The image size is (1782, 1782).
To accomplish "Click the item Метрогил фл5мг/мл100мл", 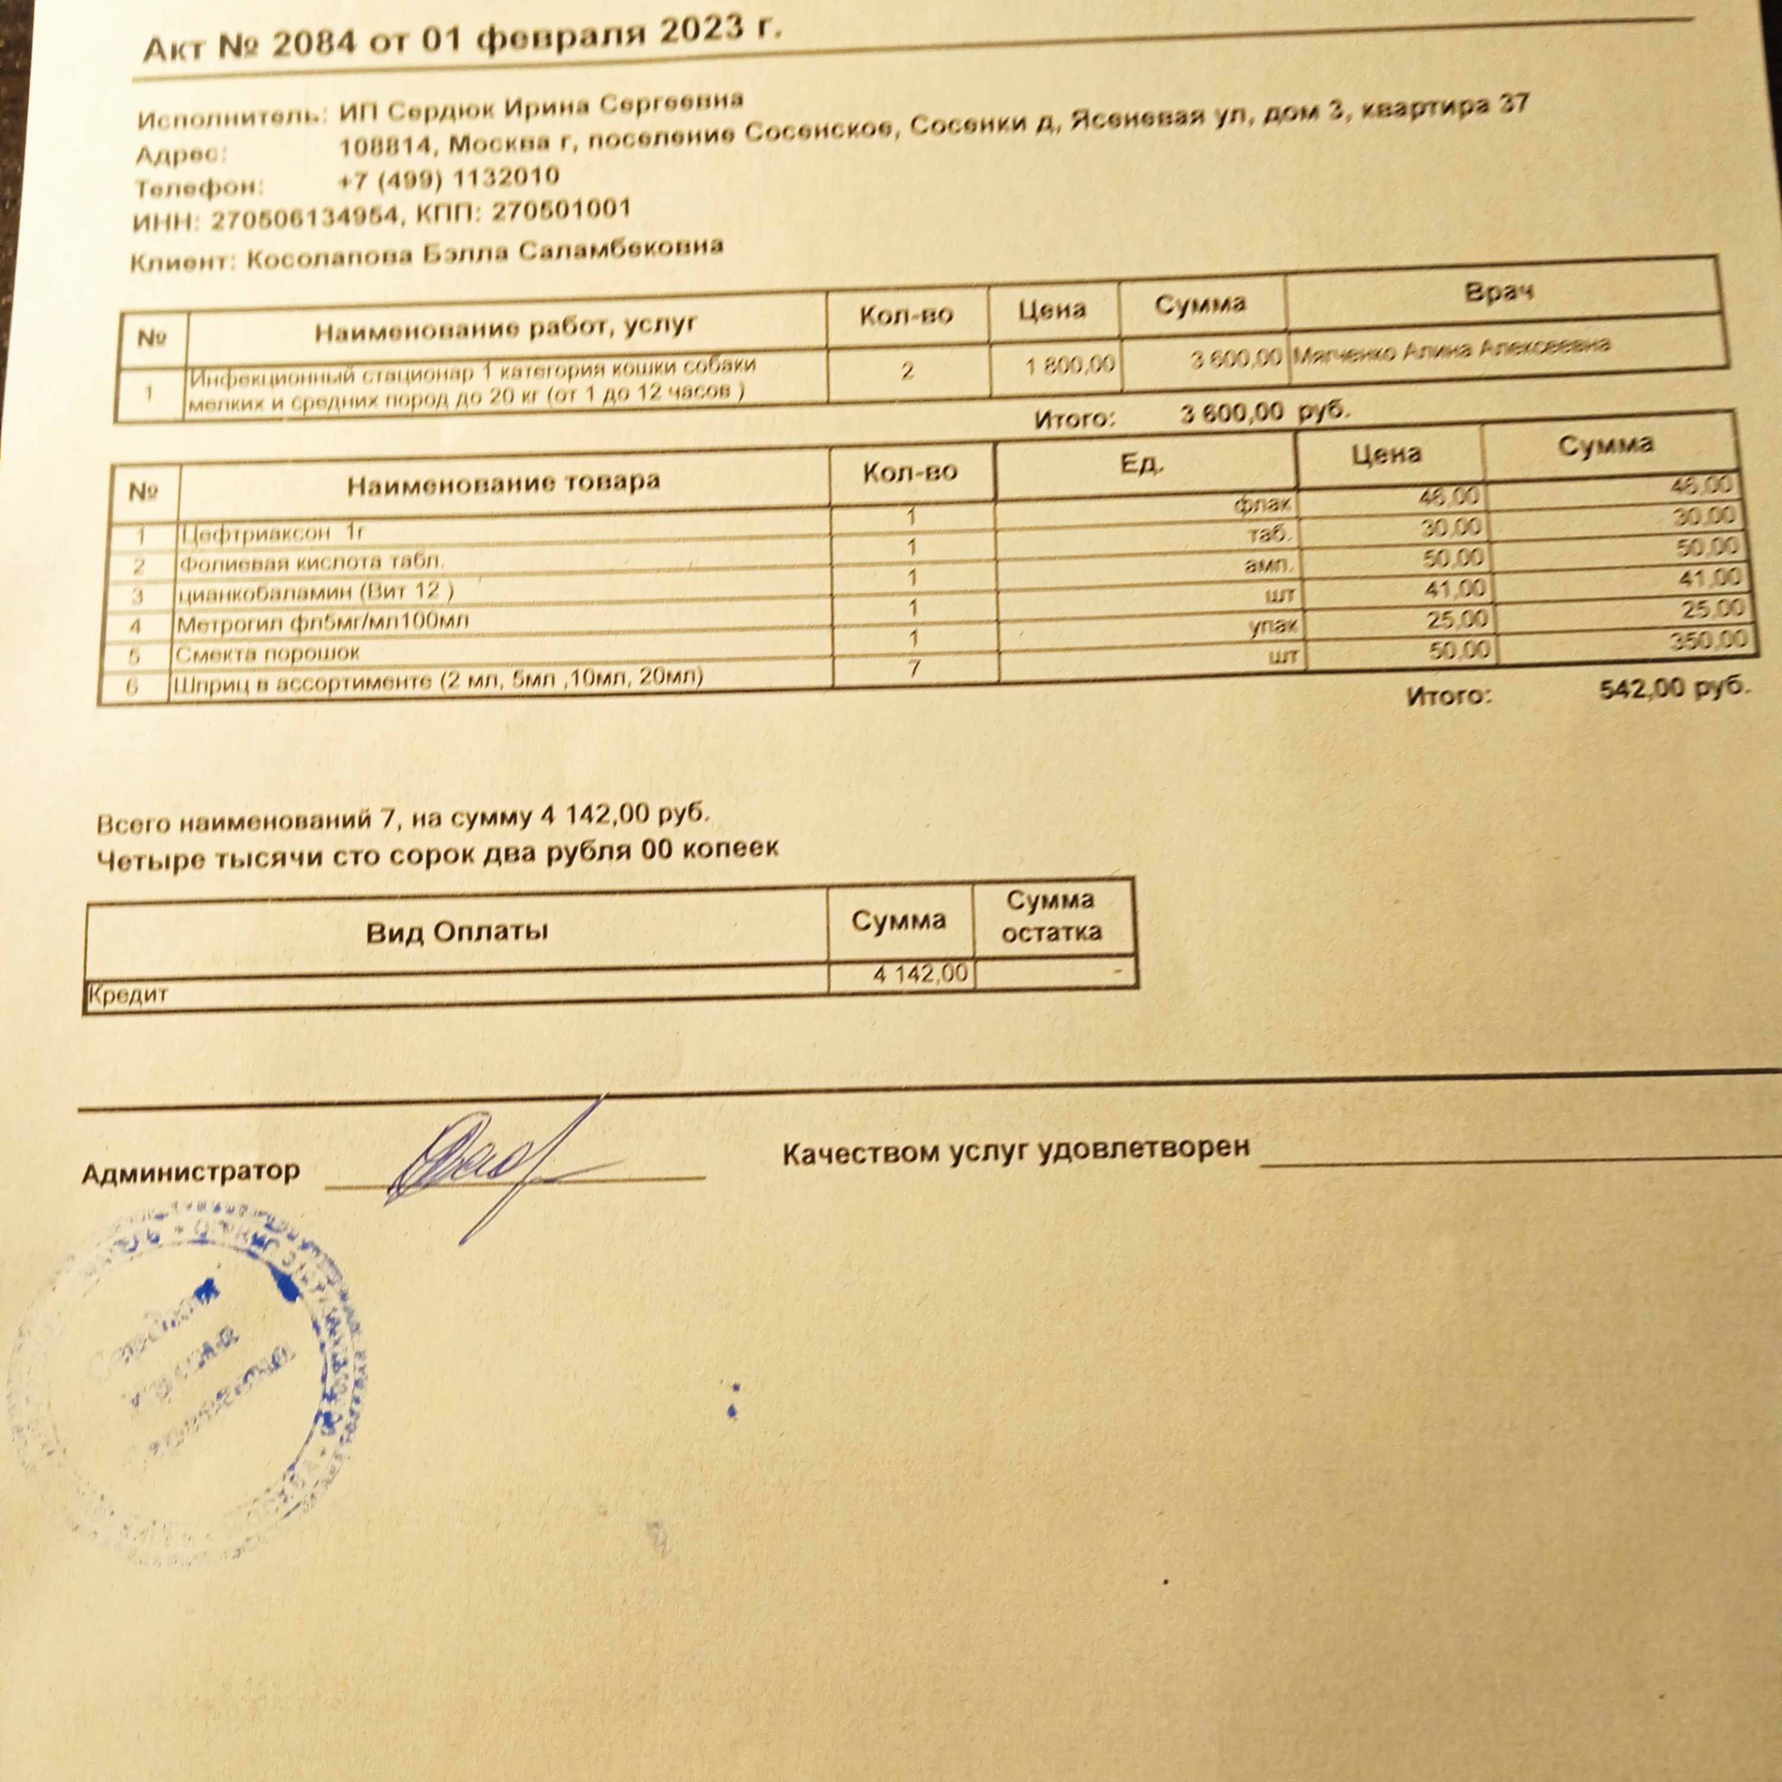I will tap(322, 623).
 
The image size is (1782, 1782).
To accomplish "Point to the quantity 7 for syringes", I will tap(913, 668).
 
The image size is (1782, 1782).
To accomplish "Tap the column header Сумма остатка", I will tap(1051, 916).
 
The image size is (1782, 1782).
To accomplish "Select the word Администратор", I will tap(191, 1173).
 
